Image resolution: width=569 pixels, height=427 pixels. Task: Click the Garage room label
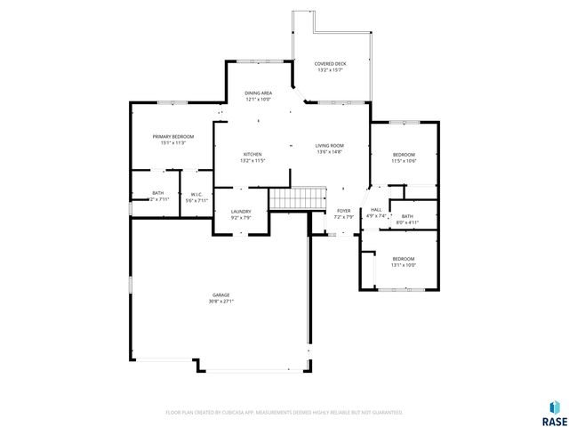[220, 294]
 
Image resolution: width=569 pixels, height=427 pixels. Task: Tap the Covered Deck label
[330, 64]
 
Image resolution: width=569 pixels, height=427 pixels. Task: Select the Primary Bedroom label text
[172, 136]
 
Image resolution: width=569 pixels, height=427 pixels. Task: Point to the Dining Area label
[259, 93]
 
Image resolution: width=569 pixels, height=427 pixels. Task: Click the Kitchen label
[252, 154]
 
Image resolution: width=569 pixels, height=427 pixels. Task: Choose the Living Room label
[329, 146]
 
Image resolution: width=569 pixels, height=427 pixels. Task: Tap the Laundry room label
[240, 211]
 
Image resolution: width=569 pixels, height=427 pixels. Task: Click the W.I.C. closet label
[196, 194]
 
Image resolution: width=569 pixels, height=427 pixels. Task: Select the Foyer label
[343, 211]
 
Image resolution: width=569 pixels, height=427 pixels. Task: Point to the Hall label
[376, 209]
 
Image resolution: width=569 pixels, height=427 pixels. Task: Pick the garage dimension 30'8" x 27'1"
[220, 301]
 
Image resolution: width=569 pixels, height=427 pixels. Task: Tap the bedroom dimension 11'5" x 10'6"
[405, 161]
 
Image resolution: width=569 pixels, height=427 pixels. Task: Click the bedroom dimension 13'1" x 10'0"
[404, 265]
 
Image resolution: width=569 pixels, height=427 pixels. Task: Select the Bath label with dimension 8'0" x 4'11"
[406, 216]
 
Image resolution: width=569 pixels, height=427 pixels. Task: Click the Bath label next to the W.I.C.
[157, 193]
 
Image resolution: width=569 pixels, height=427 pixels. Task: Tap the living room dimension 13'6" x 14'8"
[329, 152]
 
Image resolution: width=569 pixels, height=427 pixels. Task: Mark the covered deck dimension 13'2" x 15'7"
[330, 70]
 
